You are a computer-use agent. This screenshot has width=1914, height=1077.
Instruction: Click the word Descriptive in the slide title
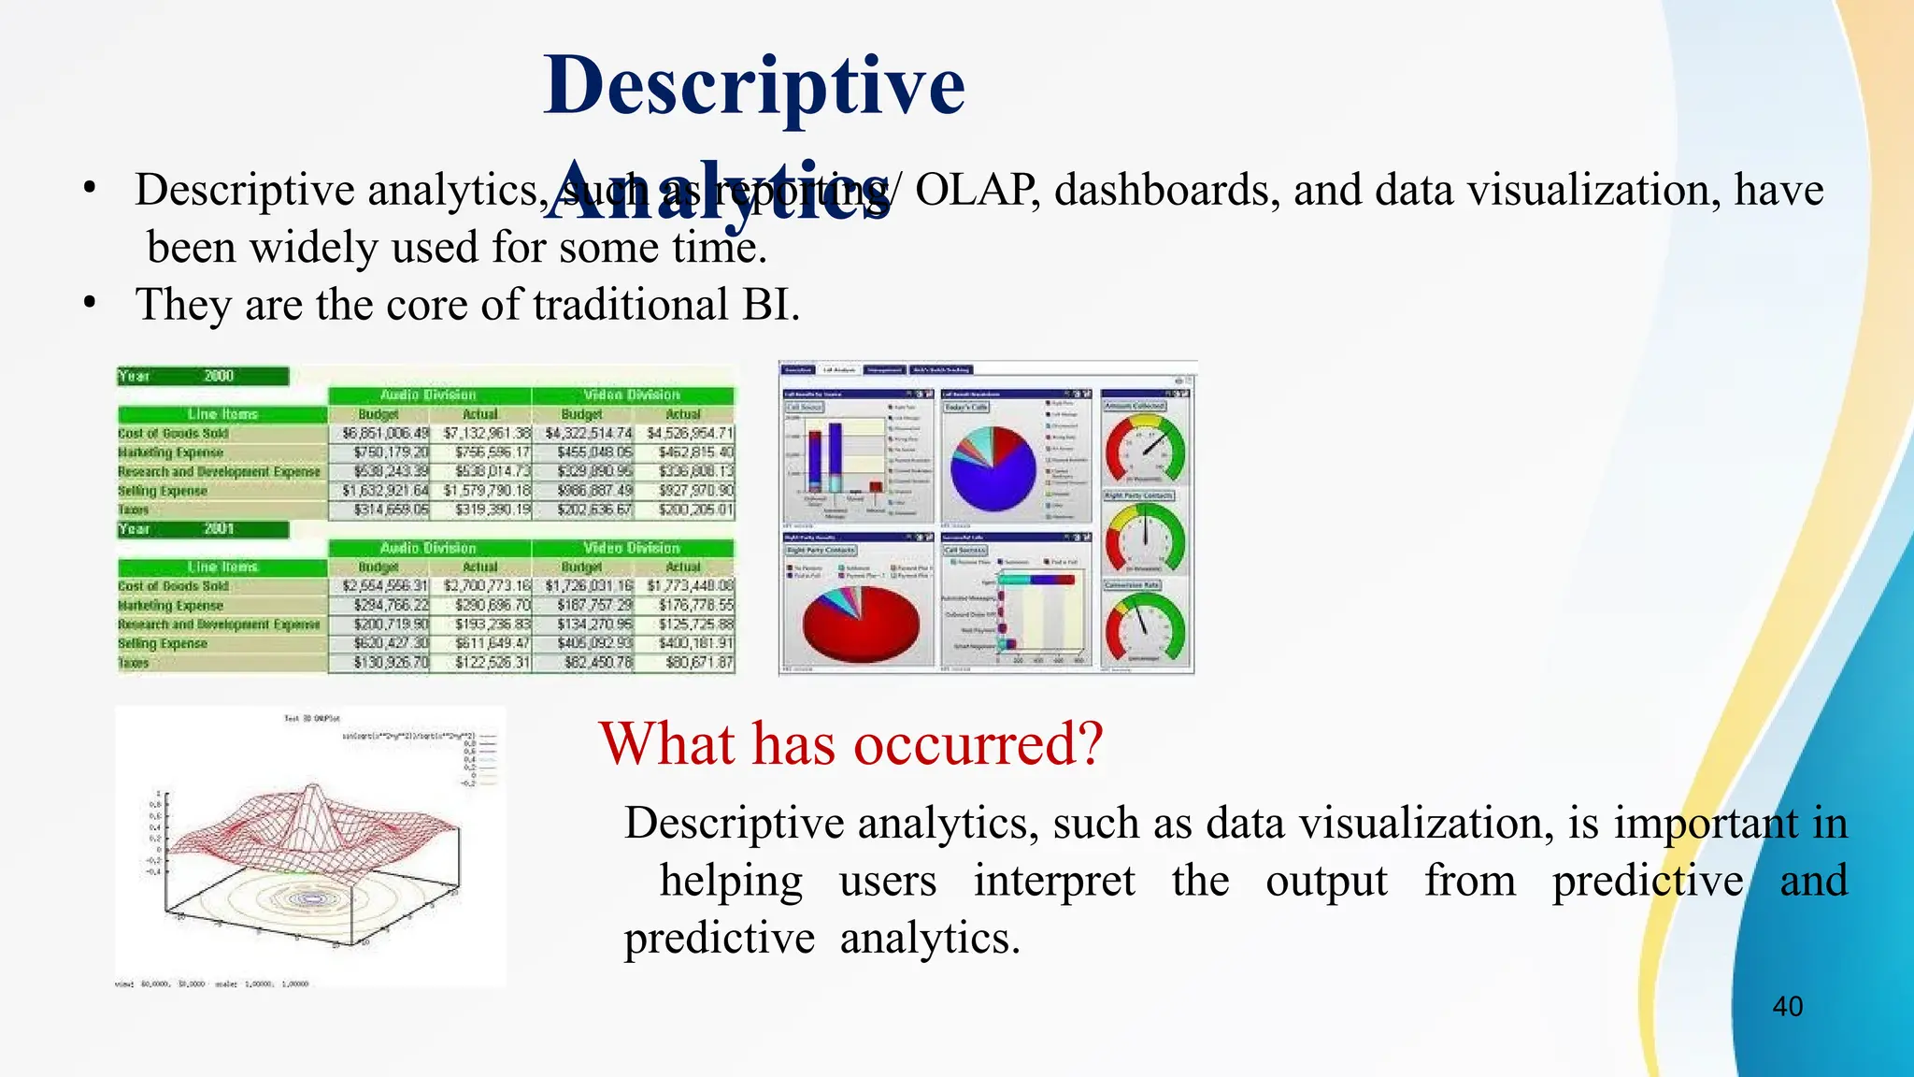[753, 86]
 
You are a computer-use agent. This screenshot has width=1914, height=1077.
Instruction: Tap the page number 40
[1787, 1007]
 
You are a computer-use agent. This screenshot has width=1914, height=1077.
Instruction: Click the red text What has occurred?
[850, 744]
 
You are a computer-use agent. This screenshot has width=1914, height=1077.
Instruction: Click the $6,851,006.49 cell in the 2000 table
[385, 434]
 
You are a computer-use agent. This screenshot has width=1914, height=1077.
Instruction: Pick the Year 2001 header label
[203, 529]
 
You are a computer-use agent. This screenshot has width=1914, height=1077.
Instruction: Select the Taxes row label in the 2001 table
[134, 663]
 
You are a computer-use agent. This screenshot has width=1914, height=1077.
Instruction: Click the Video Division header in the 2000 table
[632, 395]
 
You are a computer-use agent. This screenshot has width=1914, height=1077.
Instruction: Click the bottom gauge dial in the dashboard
[1145, 627]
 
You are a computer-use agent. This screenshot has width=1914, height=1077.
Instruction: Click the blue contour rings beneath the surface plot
[308, 899]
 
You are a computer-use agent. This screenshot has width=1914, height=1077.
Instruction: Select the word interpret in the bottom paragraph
[1053, 881]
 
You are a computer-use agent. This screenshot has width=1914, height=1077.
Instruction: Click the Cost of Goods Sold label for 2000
[174, 434]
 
